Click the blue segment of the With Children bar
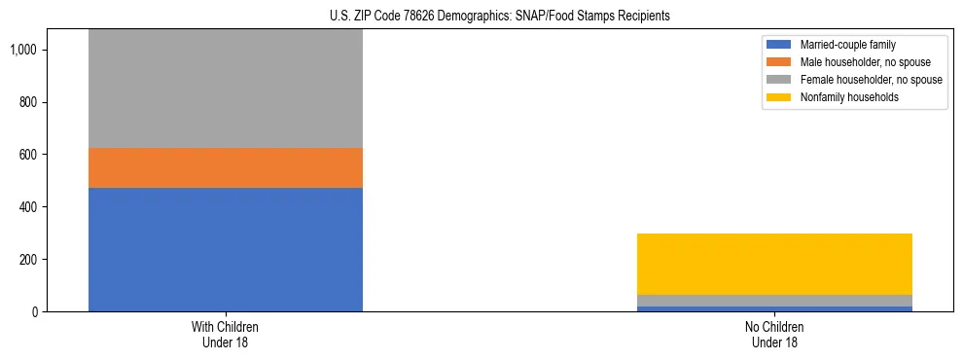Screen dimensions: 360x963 tap(226, 249)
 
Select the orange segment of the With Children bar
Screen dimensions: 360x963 tap(226, 167)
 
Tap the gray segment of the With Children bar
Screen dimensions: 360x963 tap(226, 89)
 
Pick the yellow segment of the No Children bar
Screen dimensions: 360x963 tap(774, 264)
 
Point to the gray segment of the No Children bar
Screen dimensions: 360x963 tap(774, 301)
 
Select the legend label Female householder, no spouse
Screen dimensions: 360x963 tap(871, 80)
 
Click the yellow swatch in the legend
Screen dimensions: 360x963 tap(779, 97)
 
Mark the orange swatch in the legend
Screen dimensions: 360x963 tap(779, 62)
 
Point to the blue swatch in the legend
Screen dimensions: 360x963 tap(779, 45)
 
